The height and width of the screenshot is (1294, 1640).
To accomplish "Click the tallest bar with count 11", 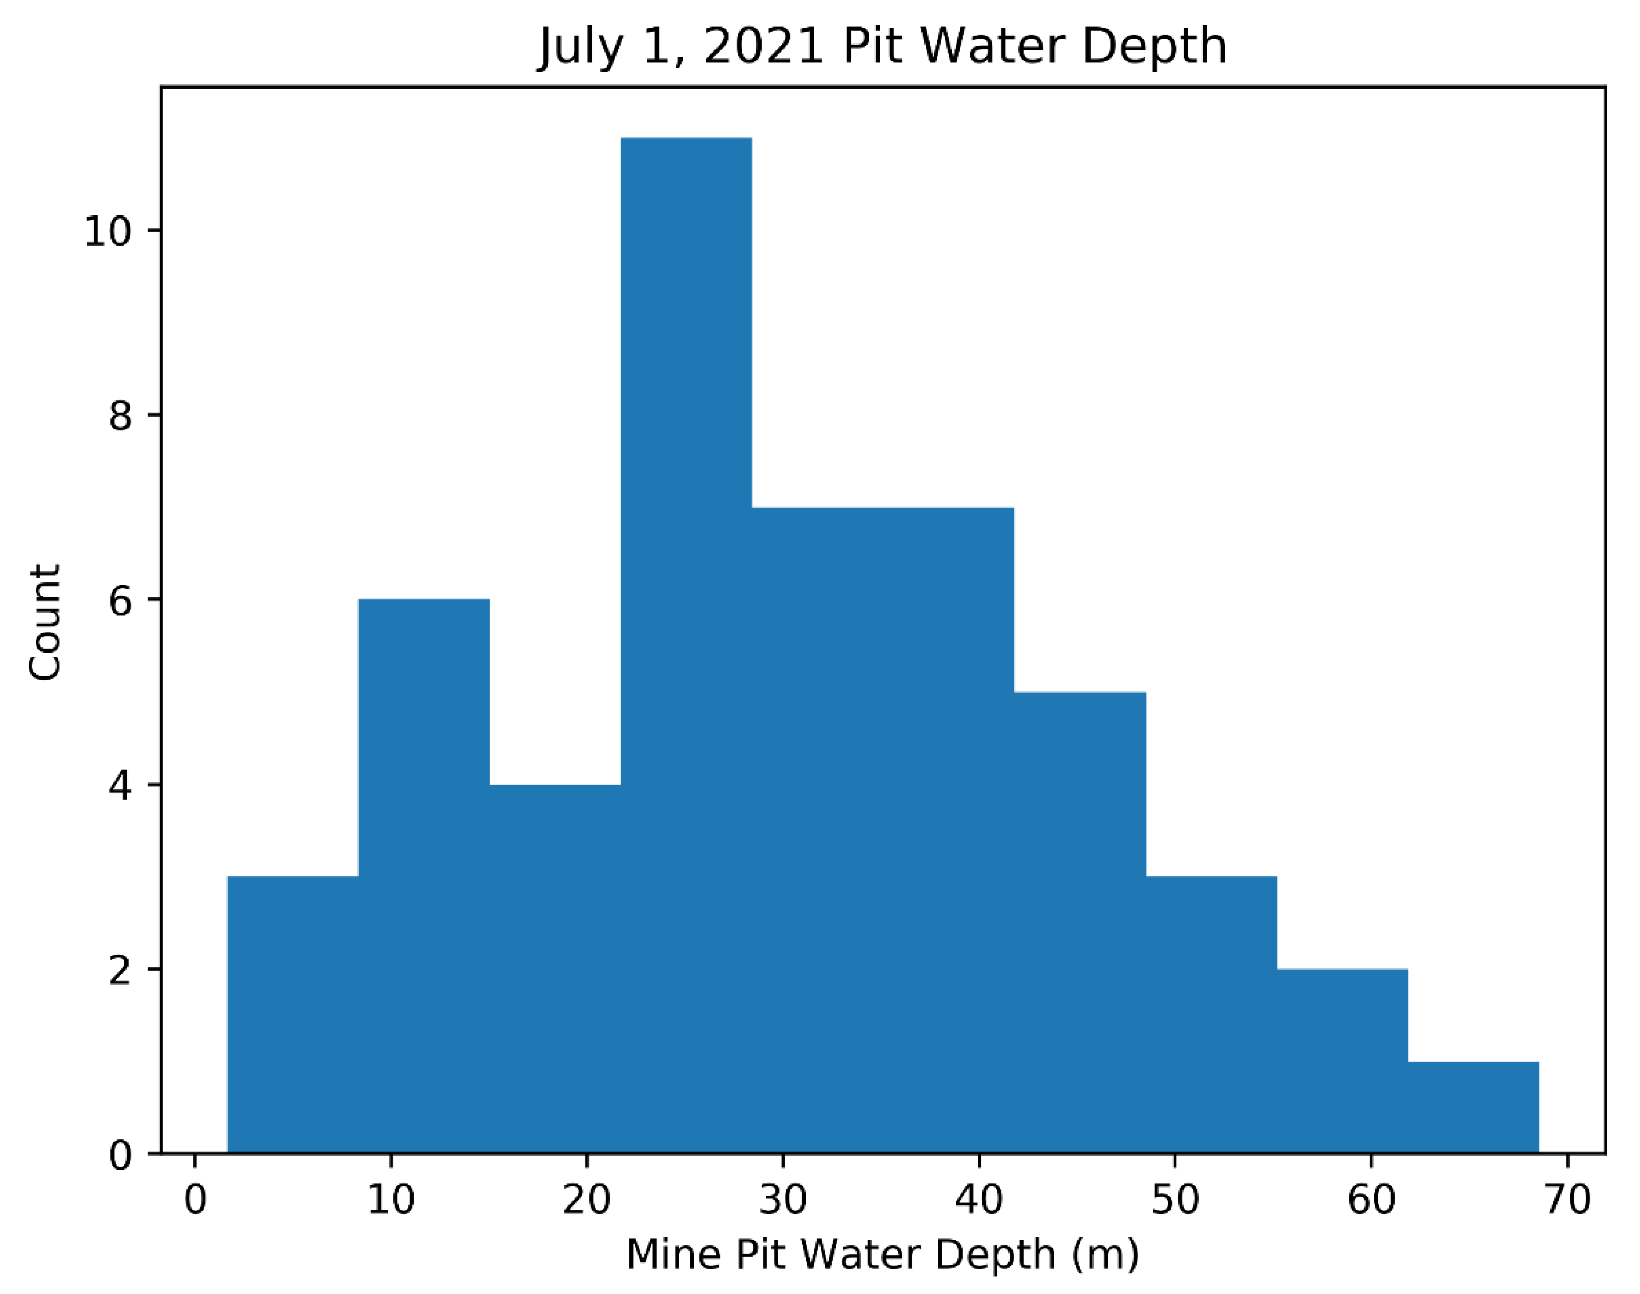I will (686, 644).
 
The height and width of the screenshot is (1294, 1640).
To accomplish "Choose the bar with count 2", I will (1342, 1061).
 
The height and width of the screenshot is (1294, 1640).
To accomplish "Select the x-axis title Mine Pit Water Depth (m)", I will (882, 1255).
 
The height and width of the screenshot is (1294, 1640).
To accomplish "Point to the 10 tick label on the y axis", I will (107, 231).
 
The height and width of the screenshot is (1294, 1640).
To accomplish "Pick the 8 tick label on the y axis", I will (120, 416).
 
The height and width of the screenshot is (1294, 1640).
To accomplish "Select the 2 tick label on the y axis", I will (120, 970).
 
